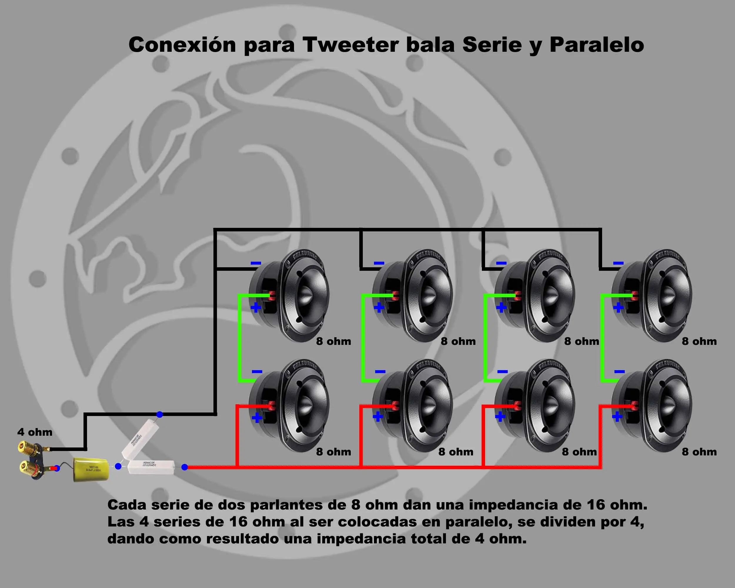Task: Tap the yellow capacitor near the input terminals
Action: (91, 470)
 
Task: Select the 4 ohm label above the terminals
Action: (35, 432)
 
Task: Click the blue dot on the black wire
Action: (159, 415)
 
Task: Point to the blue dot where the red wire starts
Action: (184, 467)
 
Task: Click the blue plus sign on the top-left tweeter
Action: (256, 308)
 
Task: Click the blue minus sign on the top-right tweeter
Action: (618, 263)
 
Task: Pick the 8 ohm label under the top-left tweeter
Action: (333, 341)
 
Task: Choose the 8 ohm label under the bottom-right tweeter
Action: (699, 452)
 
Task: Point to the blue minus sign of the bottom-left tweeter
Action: (257, 372)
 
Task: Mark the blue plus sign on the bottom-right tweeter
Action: (617, 417)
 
